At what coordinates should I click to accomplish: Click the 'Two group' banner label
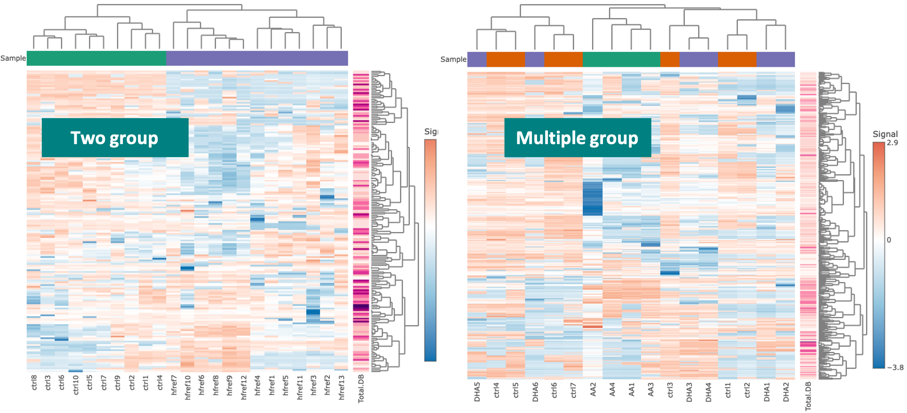(114, 138)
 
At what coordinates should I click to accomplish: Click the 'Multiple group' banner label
(577, 138)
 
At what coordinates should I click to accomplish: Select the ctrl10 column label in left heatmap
(76, 385)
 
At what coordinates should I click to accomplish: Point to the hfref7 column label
(174, 385)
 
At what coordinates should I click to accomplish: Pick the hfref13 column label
(342, 387)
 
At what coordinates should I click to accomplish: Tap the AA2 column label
(593, 389)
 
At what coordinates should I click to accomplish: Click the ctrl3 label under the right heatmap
(670, 390)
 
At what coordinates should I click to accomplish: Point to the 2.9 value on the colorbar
(892, 143)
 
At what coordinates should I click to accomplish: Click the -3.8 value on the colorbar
(895, 367)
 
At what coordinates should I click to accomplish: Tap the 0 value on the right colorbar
(889, 240)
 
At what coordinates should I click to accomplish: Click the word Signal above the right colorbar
(885, 134)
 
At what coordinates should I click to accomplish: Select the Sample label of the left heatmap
(13, 58)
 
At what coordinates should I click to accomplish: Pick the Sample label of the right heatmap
(453, 59)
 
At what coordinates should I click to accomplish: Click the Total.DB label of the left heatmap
(361, 389)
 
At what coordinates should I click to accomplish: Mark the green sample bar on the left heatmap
(96, 58)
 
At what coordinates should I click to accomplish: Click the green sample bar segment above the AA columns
(621, 59)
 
